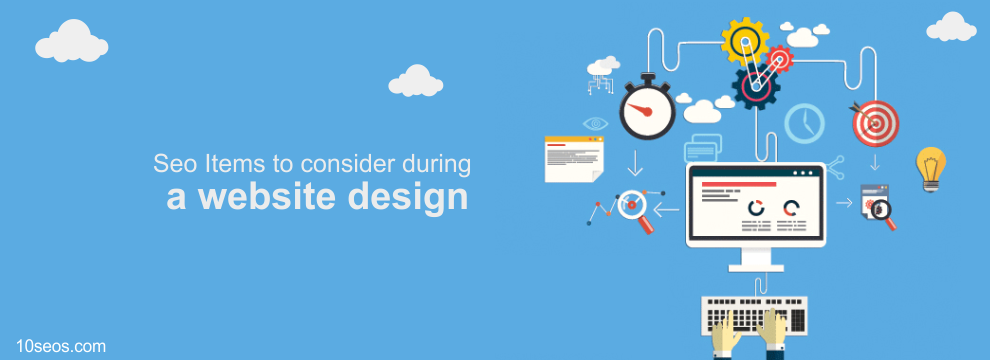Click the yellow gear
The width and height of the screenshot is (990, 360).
[x=745, y=42]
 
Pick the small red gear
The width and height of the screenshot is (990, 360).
[x=779, y=60]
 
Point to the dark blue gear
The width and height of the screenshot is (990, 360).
[x=756, y=87]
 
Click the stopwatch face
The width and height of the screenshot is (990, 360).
[x=647, y=111]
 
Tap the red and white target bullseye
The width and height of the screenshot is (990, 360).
[x=875, y=123]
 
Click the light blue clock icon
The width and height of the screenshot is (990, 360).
[x=804, y=123]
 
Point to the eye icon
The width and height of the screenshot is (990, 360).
[x=595, y=123]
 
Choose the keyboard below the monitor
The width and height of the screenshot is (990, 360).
[x=754, y=316]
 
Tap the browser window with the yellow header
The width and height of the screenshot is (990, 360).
[x=575, y=159]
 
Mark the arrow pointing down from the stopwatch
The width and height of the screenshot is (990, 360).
[x=635, y=163]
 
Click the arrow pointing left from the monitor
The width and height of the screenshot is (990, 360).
[x=666, y=209]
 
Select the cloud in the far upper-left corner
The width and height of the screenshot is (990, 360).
[x=71, y=42]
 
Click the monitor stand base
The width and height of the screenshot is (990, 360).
[x=756, y=267]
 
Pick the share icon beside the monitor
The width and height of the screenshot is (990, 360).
[x=835, y=167]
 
